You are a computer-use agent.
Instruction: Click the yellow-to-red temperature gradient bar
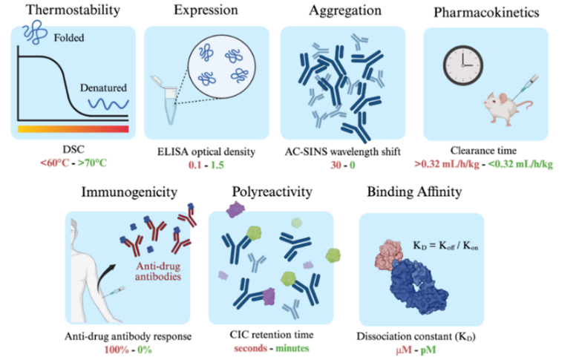click(72, 128)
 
